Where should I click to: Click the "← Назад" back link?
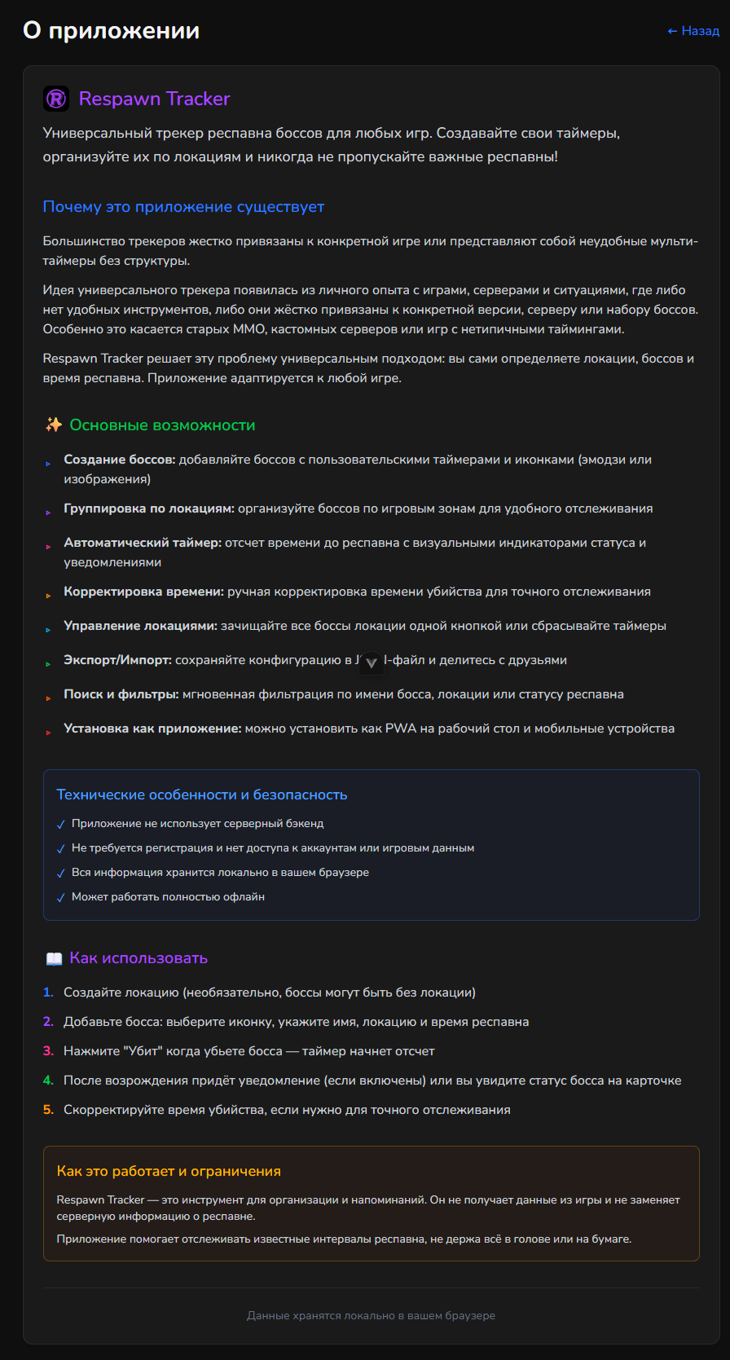[x=693, y=31]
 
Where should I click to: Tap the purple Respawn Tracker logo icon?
[x=56, y=99]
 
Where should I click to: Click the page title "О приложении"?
[x=111, y=31]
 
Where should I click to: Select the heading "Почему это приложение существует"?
[x=183, y=207]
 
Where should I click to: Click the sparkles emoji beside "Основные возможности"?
[x=54, y=425]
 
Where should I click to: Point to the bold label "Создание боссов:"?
[x=120, y=460]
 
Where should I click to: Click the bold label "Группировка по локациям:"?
[x=149, y=508]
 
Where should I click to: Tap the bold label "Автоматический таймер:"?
[x=143, y=543]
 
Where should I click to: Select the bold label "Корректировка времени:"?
[x=143, y=592]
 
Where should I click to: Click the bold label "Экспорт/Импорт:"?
[x=117, y=660]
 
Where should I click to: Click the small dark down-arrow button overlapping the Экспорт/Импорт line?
[x=371, y=662]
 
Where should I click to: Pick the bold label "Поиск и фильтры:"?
[x=121, y=694]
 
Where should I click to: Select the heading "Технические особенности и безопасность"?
[x=202, y=794]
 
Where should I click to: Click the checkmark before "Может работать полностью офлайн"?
[x=61, y=898]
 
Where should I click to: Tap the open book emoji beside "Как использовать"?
[x=54, y=959]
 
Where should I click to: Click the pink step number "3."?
[x=48, y=1051]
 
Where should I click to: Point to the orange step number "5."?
[x=48, y=1110]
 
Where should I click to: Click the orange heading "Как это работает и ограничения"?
[x=169, y=1171]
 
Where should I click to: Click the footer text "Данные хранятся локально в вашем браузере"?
[x=371, y=1315]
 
